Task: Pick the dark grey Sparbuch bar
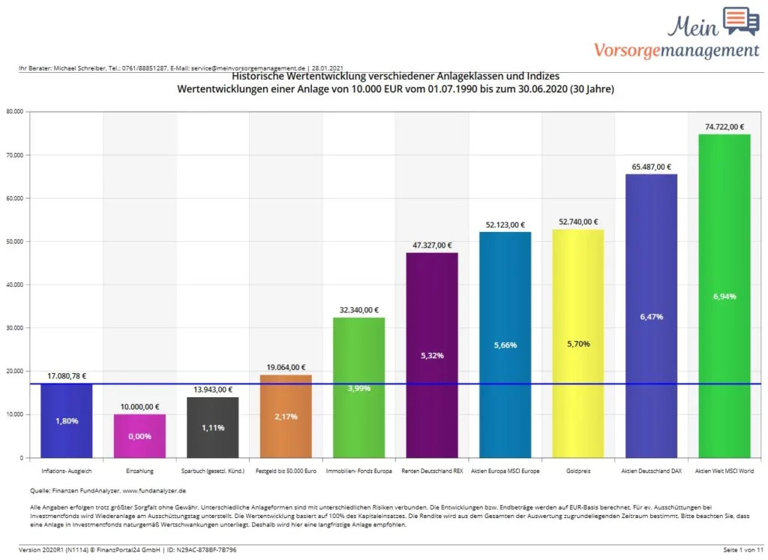[x=212, y=427]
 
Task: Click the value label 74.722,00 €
[x=724, y=126]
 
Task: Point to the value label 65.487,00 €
[x=651, y=167]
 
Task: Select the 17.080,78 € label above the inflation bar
[x=66, y=375]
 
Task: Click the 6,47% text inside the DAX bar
[x=651, y=317]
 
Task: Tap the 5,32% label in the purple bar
[x=432, y=355]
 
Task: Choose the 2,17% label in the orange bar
[x=286, y=417]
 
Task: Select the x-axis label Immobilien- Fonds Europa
[x=358, y=471]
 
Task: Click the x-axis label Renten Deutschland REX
[x=432, y=471]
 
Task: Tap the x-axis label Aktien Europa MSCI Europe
[x=505, y=471]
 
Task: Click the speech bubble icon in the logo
[x=740, y=21]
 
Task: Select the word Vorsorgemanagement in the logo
[x=676, y=50]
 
